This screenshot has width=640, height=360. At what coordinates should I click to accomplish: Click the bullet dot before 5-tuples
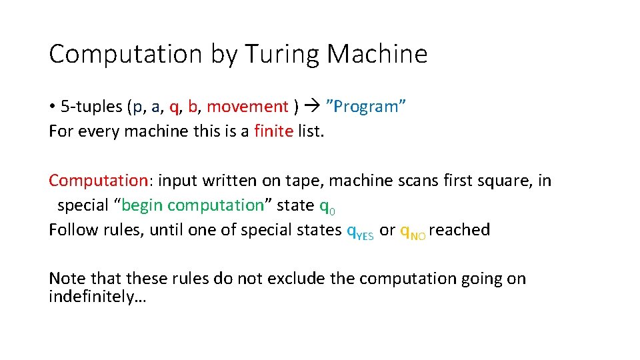pyautogui.click(x=52, y=107)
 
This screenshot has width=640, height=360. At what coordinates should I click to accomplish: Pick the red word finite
pyautogui.click(x=273, y=131)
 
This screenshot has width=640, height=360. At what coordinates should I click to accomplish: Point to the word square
pyautogui.click(x=495, y=181)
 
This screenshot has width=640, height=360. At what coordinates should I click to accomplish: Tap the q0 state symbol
pyautogui.click(x=327, y=207)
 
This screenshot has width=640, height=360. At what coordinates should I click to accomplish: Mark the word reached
pyautogui.click(x=460, y=230)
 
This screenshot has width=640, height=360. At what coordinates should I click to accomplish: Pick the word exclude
pyautogui.click(x=298, y=278)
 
